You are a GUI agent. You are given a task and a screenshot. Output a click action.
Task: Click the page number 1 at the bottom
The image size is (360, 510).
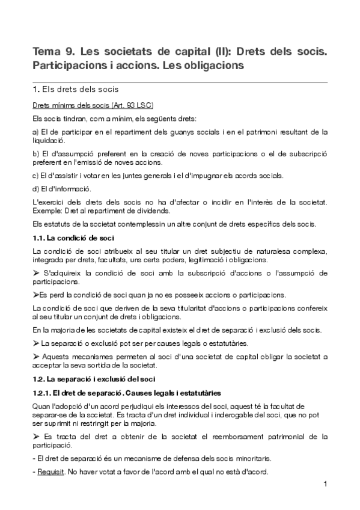click(325, 484)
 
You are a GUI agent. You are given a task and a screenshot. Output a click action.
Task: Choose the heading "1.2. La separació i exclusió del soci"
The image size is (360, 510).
click(94, 379)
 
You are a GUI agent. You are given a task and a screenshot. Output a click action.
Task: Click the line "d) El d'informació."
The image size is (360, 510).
click(61, 189)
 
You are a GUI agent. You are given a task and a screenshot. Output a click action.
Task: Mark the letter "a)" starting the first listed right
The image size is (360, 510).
click(35, 132)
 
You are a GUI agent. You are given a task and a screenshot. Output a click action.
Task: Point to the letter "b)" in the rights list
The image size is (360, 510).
click(35, 154)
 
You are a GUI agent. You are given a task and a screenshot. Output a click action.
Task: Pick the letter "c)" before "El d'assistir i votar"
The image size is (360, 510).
click(35, 176)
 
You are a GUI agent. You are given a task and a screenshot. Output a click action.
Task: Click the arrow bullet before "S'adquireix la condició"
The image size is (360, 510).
click(37, 274)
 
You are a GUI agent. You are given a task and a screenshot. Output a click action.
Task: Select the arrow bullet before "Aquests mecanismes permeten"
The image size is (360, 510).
click(37, 357)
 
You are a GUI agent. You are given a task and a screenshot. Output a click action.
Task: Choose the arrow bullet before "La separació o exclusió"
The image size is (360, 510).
click(36, 343)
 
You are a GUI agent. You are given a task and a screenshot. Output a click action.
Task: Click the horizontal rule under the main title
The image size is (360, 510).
click(180, 82)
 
